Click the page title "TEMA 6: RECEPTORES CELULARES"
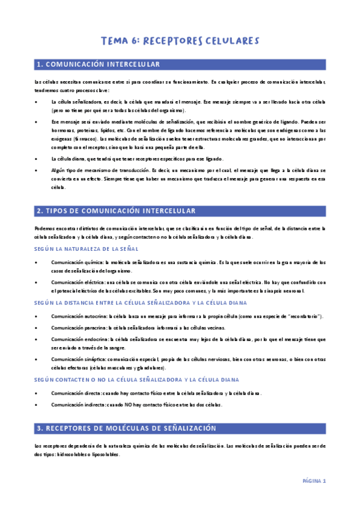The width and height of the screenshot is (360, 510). click(x=180, y=41)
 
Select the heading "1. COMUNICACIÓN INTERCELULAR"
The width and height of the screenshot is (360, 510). click(x=99, y=64)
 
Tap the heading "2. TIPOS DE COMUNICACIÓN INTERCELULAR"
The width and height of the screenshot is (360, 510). click(x=116, y=211)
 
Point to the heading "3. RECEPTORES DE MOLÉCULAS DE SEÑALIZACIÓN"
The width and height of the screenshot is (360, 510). click(x=126, y=428)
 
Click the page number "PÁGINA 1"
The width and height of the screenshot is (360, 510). click(x=313, y=481)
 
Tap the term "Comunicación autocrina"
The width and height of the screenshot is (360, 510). click(x=76, y=316)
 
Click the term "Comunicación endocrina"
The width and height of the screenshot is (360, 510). click(x=76, y=339)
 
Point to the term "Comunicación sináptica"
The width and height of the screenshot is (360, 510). click(x=76, y=359)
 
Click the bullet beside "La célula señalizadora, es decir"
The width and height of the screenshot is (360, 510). click(x=37, y=102)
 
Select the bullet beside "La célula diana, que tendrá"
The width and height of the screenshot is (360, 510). click(x=37, y=159)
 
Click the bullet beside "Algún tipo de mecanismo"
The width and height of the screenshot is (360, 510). click(x=37, y=171)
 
